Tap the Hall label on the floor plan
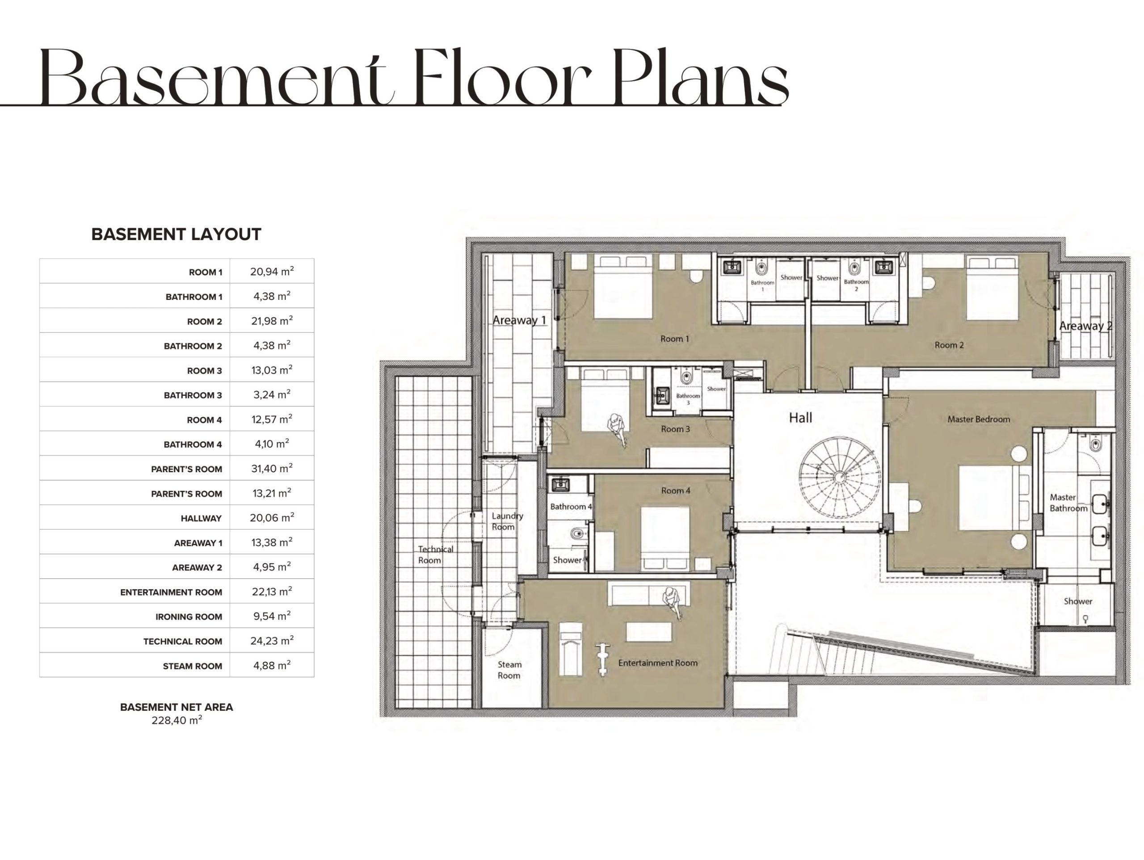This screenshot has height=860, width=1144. [801, 417]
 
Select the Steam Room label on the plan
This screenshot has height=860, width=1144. [509, 670]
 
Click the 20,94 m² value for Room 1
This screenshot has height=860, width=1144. [272, 271]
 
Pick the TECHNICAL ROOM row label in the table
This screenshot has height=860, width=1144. [183, 641]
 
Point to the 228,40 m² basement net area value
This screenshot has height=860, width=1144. [177, 720]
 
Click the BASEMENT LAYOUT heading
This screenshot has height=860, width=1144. [177, 234]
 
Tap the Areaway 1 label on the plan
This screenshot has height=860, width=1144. [519, 320]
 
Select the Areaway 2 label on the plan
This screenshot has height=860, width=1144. [1085, 326]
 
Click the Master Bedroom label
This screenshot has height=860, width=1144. [979, 419]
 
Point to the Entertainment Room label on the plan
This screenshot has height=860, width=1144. [658, 663]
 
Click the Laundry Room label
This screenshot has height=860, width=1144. [507, 521]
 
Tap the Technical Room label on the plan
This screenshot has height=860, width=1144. [435, 554]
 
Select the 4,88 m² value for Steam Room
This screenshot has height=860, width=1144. [272, 665]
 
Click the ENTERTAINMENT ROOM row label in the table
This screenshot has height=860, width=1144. [171, 592]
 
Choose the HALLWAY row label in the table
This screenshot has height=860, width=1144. [201, 518]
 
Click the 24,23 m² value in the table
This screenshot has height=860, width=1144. [272, 640]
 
